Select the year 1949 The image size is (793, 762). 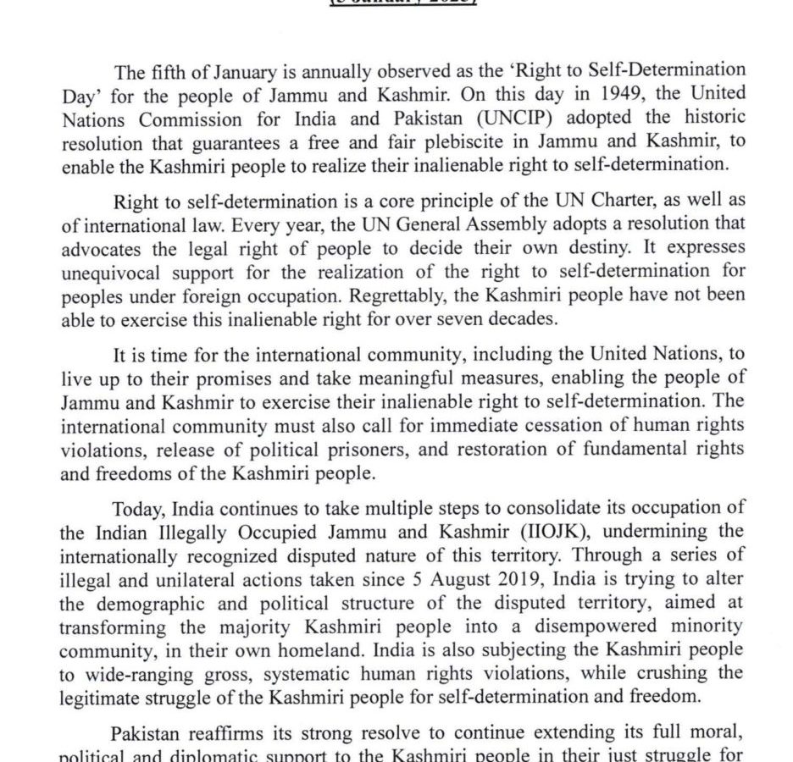point(588,93)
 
